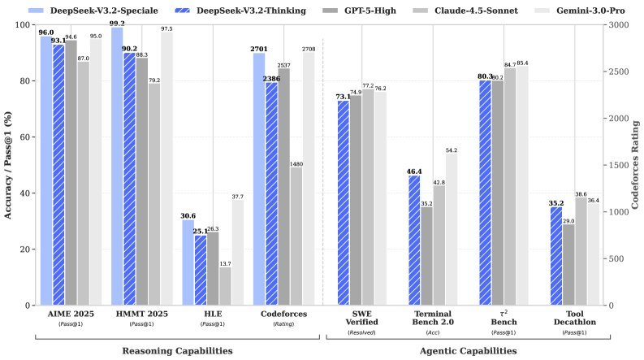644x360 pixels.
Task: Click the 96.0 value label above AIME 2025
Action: click(x=46, y=33)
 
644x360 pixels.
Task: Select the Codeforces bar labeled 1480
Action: click(x=296, y=236)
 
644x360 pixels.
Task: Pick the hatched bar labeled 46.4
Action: click(x=414, y=241)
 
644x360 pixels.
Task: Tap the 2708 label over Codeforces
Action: click(x=308, y=50)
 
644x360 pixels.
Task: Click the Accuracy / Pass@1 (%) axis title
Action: click(x=8, y=165)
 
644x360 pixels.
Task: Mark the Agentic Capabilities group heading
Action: click(x=469, y=351)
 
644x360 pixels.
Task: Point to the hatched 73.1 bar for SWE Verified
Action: click(x=344, y=203)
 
